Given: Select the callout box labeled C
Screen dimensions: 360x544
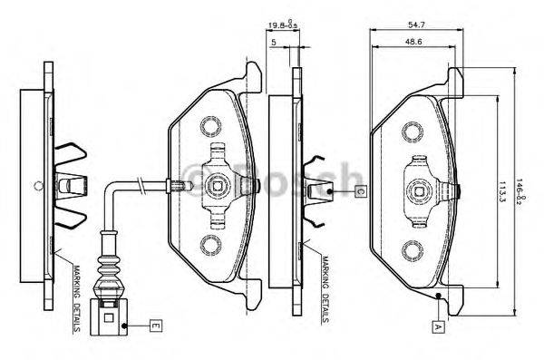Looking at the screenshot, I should [359, 191].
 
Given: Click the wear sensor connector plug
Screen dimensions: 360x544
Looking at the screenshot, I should [109, 314].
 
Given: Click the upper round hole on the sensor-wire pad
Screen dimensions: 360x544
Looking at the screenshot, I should [211, 123].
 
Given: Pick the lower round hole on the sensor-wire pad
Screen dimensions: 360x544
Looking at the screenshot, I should [211, 243].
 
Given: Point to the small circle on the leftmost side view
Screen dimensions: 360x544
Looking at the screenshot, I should [36, 187].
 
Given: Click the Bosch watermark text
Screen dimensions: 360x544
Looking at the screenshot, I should [272, 177].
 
